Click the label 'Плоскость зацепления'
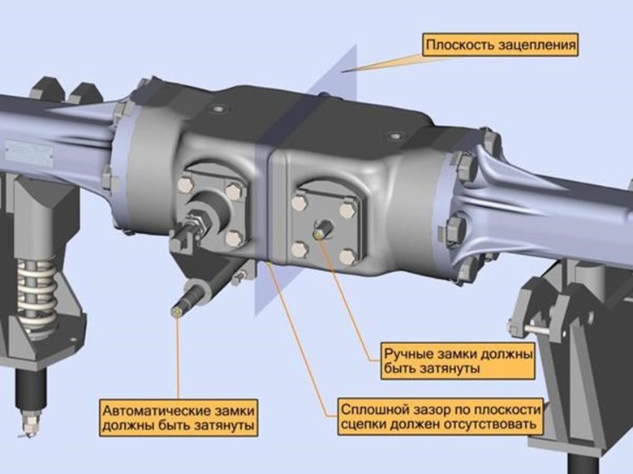coord(500,45)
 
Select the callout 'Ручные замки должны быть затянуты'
coord(458,361)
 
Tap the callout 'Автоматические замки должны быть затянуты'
coord(179,418)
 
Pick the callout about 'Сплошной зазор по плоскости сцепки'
coord(441,417)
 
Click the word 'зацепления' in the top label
coord(536,45)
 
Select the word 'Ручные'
coord(405,354)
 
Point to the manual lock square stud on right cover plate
coord(323,229)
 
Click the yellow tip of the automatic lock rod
coord(176,312)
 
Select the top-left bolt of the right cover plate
coord(299,203)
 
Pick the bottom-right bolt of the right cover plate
coord(347,256)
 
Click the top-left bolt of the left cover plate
coord(185,184)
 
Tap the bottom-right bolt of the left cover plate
coord(234,239)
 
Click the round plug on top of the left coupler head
coord(218,109)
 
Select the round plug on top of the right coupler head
coord(395,136)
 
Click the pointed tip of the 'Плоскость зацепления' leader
coord(342,71)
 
